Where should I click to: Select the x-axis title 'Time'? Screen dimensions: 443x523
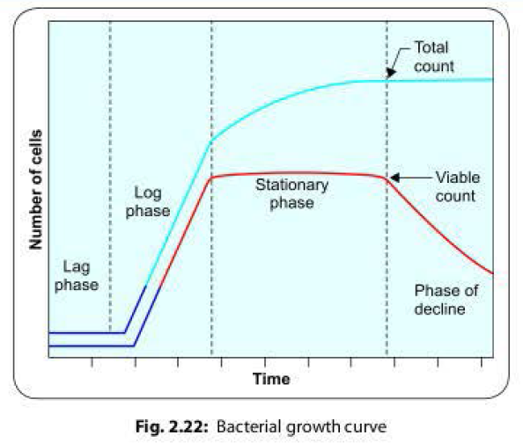point(271,380)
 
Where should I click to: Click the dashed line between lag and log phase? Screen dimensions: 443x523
point(110,176)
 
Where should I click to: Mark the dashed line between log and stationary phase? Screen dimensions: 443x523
point(211,264)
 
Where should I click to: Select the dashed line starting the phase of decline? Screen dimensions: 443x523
point(387,264)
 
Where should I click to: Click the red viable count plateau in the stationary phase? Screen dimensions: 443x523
point(299,174)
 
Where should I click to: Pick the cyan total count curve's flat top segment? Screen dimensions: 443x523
point(440,80)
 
